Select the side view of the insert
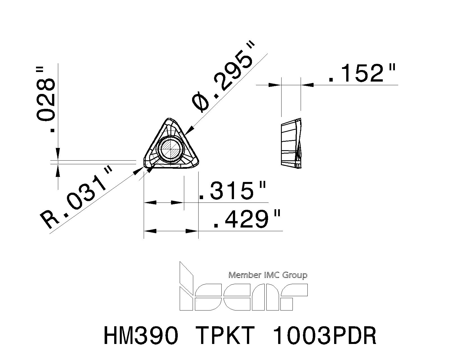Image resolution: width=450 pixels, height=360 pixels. point(292,143)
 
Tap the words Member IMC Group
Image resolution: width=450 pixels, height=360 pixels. point(268,275)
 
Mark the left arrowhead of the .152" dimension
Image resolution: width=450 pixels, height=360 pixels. point(274,85)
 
